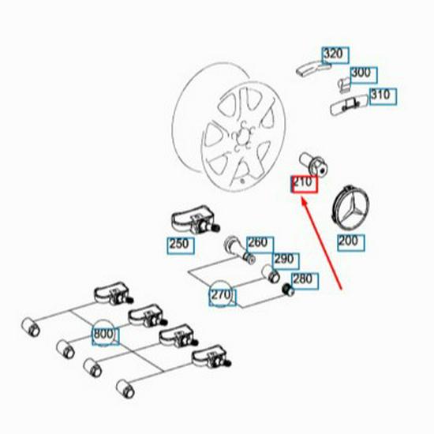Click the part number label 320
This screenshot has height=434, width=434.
[x=335, y=54]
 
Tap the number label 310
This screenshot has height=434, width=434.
[x=382, y=96]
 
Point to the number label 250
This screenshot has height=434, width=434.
[x=180, y=244]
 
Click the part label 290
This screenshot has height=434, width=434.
[x=283, y=260]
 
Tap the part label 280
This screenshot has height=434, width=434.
[x=302, y=279]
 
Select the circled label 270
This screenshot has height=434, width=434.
[x=221, y=295]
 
